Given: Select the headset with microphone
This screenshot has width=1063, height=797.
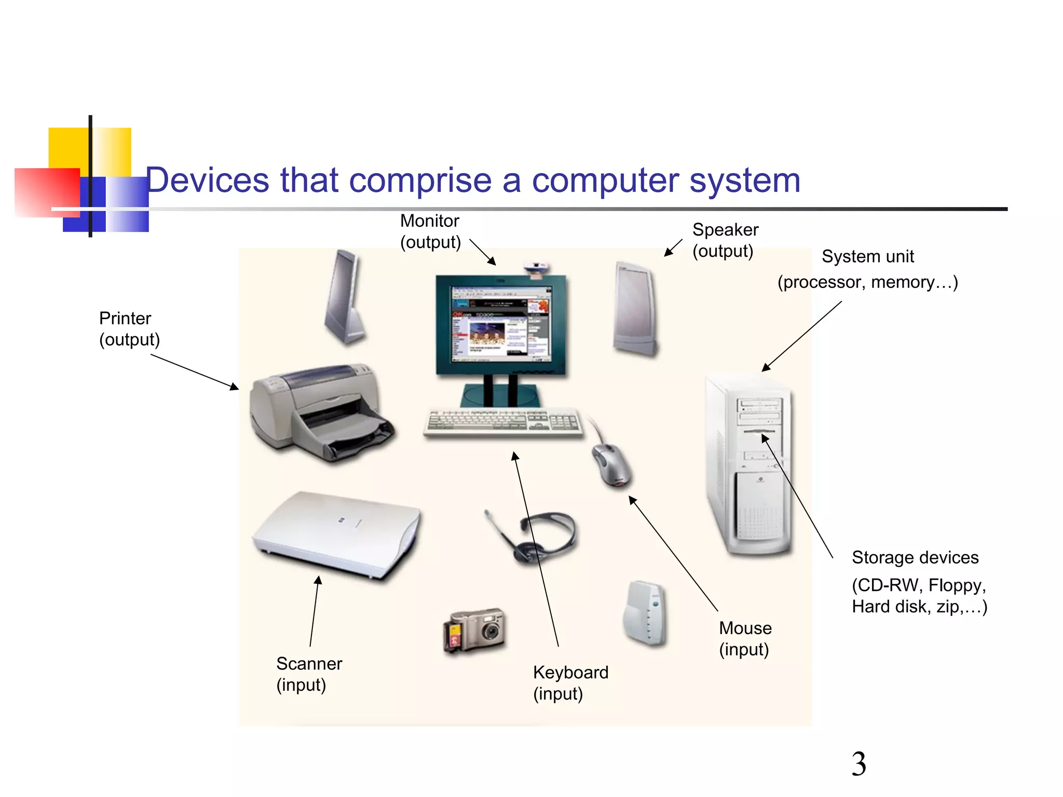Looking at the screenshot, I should click(537, 537).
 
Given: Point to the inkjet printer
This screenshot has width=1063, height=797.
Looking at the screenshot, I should click(319, 413).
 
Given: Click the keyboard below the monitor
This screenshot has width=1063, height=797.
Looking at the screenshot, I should click(502, 423).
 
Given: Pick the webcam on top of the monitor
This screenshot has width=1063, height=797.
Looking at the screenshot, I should click(536, 269).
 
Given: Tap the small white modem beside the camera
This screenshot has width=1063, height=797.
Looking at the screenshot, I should click(645, 613).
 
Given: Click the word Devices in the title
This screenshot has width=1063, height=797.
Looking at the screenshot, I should click(208, 181).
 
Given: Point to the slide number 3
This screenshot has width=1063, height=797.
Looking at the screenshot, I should click(858, 764).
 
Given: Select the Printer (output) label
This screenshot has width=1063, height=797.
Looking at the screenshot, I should click(129, 329).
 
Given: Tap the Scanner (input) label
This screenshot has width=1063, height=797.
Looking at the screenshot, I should click(309, 674).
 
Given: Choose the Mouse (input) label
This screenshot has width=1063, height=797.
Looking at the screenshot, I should click(745, 639).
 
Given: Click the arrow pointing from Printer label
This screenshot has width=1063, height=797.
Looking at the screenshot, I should click(195, 372).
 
